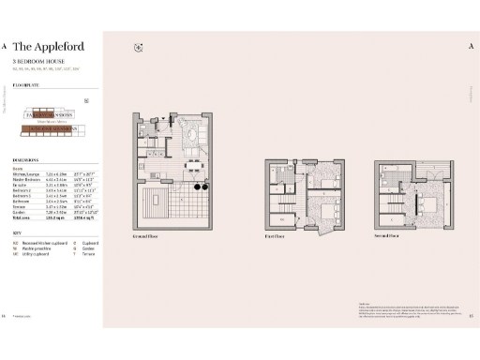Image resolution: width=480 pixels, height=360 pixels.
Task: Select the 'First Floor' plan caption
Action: point(275,237)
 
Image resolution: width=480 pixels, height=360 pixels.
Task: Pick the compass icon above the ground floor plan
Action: point(138,47)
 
